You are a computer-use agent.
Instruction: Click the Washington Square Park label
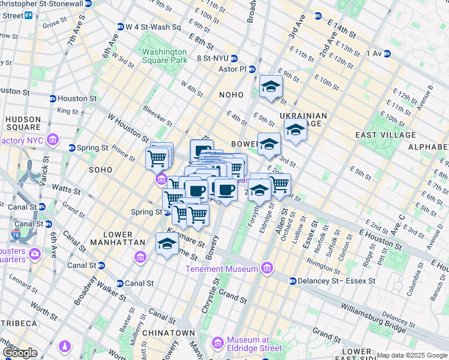[x=164, y=55]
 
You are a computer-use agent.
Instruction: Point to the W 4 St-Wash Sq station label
[x=152, y=27]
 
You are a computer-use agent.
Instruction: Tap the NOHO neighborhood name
[x=231, y=95]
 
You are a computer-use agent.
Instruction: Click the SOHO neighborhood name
[x=100, y=170]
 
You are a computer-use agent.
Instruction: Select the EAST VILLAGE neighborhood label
[x=385, y=135]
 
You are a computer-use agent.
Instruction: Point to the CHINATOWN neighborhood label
[x=168, y=333]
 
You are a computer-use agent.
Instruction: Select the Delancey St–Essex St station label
[x=336, y=281]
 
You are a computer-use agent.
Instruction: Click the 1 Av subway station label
[x=374, y=53]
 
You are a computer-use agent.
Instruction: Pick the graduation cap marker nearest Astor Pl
[x=271, y=86]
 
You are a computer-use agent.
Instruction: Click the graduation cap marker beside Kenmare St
[x=167, y=244]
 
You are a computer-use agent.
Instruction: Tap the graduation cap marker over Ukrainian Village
[x=295, y=130]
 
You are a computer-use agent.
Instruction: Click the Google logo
[x=20, y=353]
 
